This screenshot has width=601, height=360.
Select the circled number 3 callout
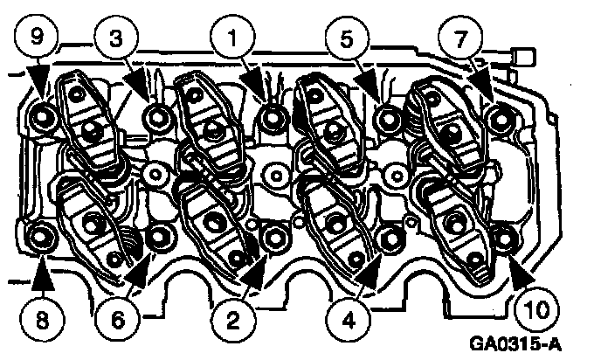point(116,38)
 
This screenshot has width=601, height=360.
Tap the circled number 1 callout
point(232,38)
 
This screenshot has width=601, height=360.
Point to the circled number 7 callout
point(461,38)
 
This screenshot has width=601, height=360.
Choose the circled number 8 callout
point(42,319)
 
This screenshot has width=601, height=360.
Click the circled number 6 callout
point(117,319)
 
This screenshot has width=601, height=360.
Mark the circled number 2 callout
point(232,320)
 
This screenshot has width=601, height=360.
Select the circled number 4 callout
point(348,320)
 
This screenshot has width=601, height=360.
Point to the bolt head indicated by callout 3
point(156,116)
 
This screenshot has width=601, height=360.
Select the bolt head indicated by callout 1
point(273,117)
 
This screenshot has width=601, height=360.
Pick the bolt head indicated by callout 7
point(500,120)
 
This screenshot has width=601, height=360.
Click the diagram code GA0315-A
point(515,343)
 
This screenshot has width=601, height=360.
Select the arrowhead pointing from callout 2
point(253,273)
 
